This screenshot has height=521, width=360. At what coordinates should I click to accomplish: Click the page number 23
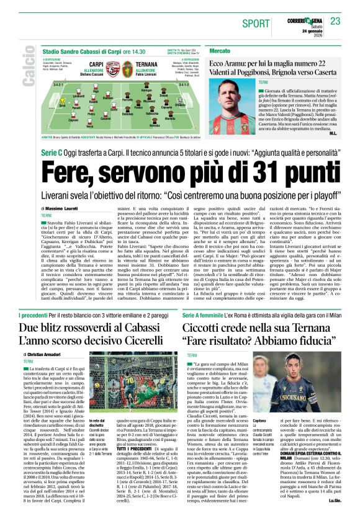pos(335,22)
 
